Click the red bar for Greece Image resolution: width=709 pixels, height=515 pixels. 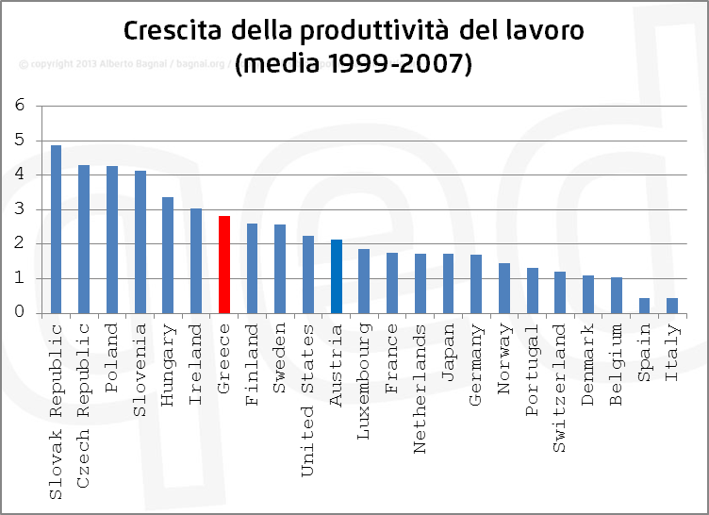[224, 265]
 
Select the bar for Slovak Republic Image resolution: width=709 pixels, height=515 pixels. [56, 229]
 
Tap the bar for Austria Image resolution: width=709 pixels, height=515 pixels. [336, 276]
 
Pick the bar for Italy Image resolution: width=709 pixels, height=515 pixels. [672, 306]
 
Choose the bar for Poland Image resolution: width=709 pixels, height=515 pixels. [112, 240]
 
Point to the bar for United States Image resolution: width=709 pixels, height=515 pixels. [308, 274]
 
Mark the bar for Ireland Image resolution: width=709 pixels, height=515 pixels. [196, 261]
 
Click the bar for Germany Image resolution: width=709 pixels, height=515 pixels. [476, 284]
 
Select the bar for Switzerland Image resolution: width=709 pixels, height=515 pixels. [560, 292]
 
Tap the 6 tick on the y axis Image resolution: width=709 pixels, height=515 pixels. [20, 106]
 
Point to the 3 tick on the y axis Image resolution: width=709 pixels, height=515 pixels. [20, 209]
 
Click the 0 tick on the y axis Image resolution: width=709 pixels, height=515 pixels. [20, 313]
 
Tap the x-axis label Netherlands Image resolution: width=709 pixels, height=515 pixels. [420, 375]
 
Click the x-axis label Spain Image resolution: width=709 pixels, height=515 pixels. [645, 353]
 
